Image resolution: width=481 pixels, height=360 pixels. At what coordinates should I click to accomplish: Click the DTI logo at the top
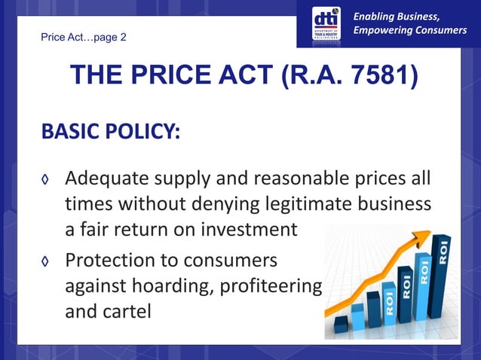pos(326,23)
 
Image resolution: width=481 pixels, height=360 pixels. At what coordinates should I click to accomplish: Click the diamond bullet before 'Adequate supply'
pos(46,182)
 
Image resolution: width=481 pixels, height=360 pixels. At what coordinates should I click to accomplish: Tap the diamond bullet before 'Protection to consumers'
pos(46,261)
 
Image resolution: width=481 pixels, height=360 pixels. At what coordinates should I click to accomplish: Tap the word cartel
pos(130,310)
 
